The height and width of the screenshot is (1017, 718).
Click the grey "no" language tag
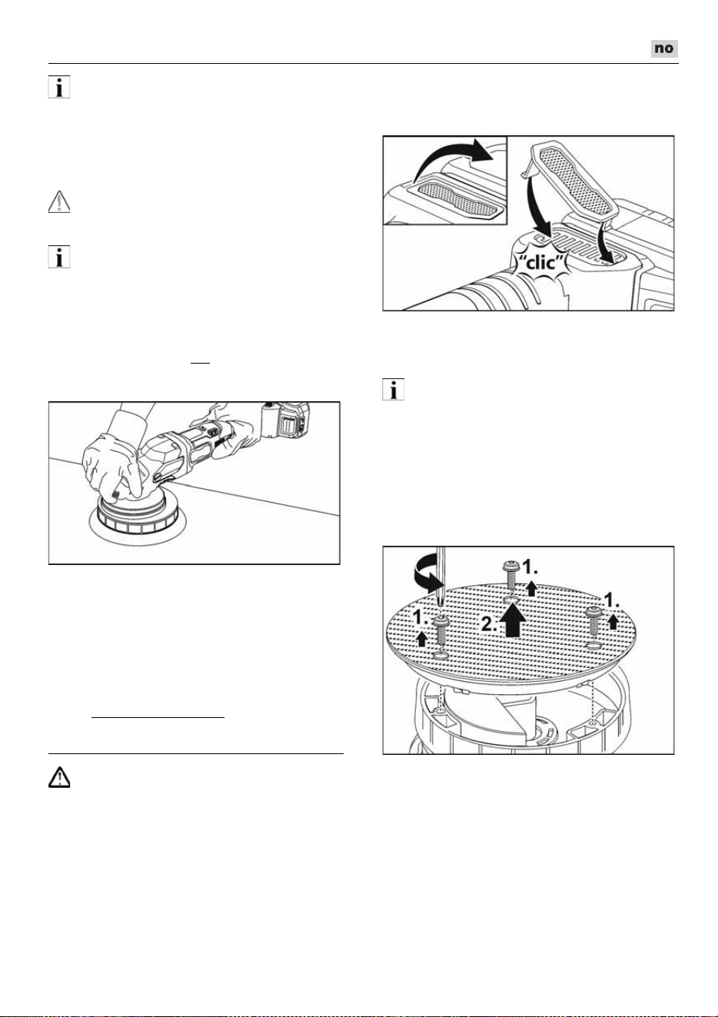664,48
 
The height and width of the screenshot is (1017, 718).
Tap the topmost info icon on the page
59,87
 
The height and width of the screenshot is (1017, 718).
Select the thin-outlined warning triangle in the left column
59,202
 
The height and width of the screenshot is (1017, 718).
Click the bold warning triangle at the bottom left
59,777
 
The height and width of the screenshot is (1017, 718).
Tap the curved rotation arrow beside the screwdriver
427,575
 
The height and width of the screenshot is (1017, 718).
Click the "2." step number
490,624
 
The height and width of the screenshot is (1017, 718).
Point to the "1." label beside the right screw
612,601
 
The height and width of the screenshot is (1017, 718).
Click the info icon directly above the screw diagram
393,389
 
